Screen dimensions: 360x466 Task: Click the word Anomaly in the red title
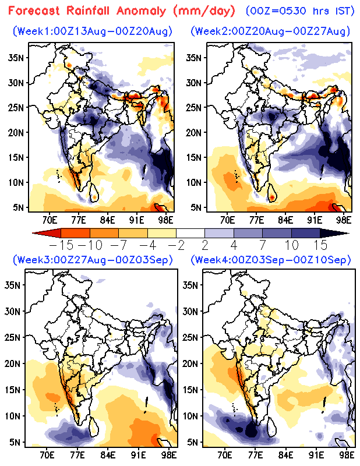click(141, 11)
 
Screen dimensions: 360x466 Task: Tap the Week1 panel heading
click(93, 31)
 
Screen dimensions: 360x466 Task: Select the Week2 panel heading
click(270, 31)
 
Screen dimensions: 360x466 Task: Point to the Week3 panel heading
click(93, 260)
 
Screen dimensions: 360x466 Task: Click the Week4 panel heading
click(270, 260)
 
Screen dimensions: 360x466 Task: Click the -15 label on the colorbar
click(61, 245)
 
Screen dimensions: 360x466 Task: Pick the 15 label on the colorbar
click(320, 245)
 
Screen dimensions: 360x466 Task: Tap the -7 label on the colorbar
click(119, 245)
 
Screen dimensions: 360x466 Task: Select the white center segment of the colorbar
click(190, 233)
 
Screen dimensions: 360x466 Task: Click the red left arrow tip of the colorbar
click(33, 233)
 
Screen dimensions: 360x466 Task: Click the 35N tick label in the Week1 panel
click(16, 58)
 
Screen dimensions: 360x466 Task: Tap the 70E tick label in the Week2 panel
click(227, 221)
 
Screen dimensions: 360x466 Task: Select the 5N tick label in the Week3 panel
click(15, 442)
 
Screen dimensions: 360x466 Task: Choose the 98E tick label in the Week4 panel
click(347, 455)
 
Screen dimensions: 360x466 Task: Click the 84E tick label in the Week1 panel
click(107, 221)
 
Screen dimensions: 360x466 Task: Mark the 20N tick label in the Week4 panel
click(190, 363)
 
